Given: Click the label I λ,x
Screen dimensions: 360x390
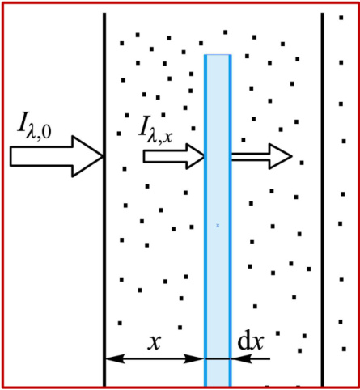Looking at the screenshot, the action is [155, 129].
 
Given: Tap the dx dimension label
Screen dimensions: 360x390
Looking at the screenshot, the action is [250, 342].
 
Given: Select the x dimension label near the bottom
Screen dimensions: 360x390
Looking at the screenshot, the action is [155, 343].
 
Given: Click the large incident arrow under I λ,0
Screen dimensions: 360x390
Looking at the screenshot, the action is [56, 156].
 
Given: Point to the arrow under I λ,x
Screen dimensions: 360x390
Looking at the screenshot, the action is [174, 156].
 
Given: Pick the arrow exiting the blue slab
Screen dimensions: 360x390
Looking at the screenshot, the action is [261, 156].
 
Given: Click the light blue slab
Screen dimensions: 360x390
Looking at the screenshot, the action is [218, 221].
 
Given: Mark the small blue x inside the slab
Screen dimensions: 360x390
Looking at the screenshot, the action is [218, 225].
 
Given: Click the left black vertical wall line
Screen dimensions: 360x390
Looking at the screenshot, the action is [104, 200].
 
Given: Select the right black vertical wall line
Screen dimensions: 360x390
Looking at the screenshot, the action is [323, 200].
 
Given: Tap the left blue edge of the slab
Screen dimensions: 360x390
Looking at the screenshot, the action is [205, 221].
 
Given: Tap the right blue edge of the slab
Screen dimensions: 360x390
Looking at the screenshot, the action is [231, 221].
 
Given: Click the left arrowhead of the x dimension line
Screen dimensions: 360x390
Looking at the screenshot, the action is [115, 358].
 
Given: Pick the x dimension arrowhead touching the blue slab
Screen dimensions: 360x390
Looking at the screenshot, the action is [193, 358].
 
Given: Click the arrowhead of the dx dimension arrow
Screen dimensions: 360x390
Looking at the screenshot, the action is [242, 358].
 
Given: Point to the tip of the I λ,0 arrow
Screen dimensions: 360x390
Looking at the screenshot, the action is [103, 156].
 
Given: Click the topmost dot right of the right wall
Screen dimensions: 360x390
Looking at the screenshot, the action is [341, 18].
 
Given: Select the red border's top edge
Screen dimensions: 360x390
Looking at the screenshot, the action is [180, 3].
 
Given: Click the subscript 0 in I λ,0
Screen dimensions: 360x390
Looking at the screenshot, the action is [46, 133].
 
